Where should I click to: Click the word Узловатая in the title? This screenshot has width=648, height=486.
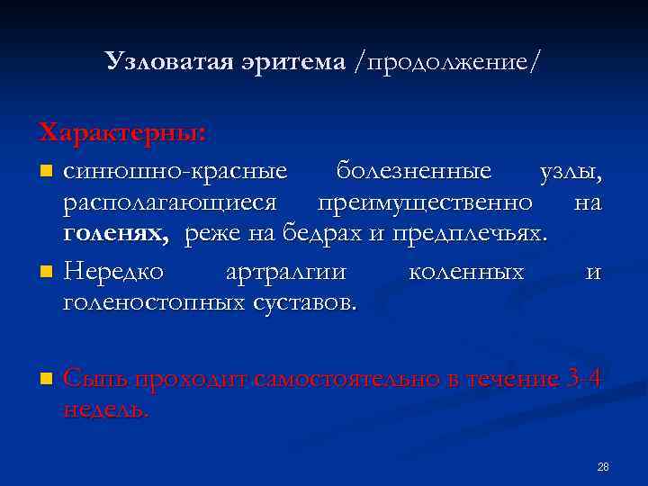point(168,61)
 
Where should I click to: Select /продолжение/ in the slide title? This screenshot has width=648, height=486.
point(447,62)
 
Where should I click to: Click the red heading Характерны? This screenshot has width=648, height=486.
point(123,133)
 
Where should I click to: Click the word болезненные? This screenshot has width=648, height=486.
point(414,170)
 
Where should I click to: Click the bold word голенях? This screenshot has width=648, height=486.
point(116,236)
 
